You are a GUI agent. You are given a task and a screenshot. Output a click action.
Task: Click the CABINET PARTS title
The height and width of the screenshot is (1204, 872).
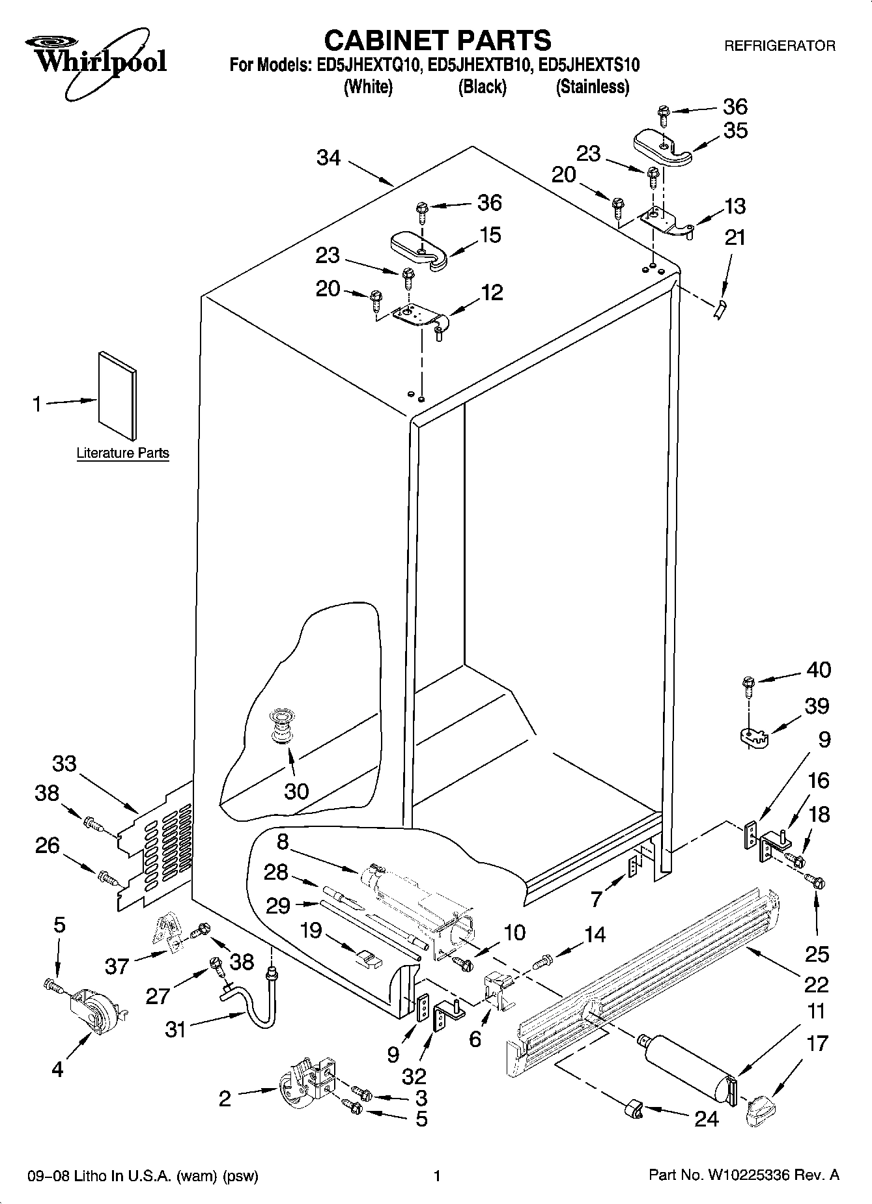click(x=437, y=40)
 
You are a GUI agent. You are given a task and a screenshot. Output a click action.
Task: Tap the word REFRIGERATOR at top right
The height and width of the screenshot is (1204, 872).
click(x=779, y=46)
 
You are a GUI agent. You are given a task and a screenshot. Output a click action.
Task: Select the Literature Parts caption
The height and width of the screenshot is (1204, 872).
click(x=122, y=453)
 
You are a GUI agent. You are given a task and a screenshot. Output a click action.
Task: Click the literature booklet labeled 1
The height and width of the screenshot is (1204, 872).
click(x=118, y=397)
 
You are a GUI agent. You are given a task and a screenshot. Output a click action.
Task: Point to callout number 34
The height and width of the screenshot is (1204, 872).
click(x=329, y=158)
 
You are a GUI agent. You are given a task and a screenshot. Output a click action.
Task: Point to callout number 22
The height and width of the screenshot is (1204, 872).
click(x=816, y=984)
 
